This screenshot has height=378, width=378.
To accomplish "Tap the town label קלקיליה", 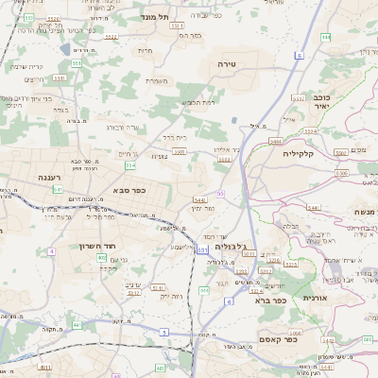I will [297, 152].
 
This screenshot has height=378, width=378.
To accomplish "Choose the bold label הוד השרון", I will [96, 246].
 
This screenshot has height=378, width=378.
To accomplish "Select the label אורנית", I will [314, 298].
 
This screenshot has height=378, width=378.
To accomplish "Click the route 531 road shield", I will [201, 249].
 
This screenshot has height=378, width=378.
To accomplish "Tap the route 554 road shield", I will [129, 164].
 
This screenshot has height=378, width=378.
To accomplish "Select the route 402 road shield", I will [102, 257].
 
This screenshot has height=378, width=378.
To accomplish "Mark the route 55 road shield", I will [219, 193].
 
